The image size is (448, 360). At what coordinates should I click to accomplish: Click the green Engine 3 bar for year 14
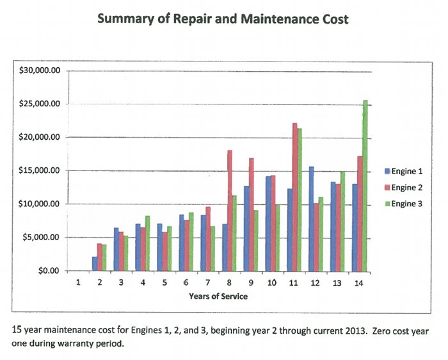(365, 185)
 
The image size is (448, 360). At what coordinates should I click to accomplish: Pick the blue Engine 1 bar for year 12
(311, 218)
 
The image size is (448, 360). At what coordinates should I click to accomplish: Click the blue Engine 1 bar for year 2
(94, 263)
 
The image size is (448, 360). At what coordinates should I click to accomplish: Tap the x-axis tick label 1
(78, 282)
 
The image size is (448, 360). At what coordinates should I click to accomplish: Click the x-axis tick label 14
(360, 282)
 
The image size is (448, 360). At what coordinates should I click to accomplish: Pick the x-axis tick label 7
(208, 282)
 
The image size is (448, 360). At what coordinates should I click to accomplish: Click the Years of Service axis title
(218, 296)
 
